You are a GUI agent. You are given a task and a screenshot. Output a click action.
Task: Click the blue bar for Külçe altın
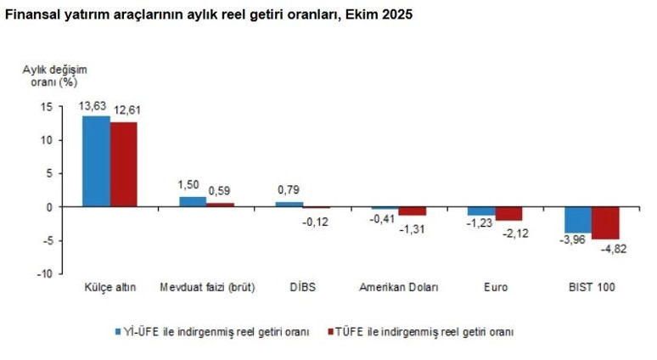coord(96,161)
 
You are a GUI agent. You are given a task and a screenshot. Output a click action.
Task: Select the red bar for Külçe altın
coord(123,165)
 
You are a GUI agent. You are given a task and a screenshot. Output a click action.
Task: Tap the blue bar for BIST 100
coord(579,220)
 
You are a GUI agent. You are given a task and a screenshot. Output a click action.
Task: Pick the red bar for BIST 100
coord(606,222)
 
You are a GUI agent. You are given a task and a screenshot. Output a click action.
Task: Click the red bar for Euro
coord(509,214)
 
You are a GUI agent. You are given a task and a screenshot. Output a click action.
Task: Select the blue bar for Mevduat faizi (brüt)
coord(193,202)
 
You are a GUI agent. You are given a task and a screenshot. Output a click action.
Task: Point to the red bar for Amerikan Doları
coord(413,211)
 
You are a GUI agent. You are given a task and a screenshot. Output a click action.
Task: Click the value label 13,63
coord(93,105)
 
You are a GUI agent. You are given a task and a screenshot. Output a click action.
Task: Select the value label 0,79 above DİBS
coord(289,189)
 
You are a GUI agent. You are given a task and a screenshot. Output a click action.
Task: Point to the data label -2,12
coord(514,233)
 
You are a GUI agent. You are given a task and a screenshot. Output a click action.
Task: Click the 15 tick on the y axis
coord(45,107)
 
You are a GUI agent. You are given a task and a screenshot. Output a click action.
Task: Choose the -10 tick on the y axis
coord(42,274)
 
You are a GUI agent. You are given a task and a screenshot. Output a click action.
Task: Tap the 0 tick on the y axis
coord(48,207)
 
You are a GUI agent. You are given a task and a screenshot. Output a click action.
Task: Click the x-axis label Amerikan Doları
coord(399,288)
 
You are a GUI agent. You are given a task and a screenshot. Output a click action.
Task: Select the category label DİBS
coord(301,288)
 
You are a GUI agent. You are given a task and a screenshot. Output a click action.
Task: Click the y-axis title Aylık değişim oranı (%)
coord(54,76)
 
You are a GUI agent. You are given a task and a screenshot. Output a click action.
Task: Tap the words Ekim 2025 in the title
coord(379,15)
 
